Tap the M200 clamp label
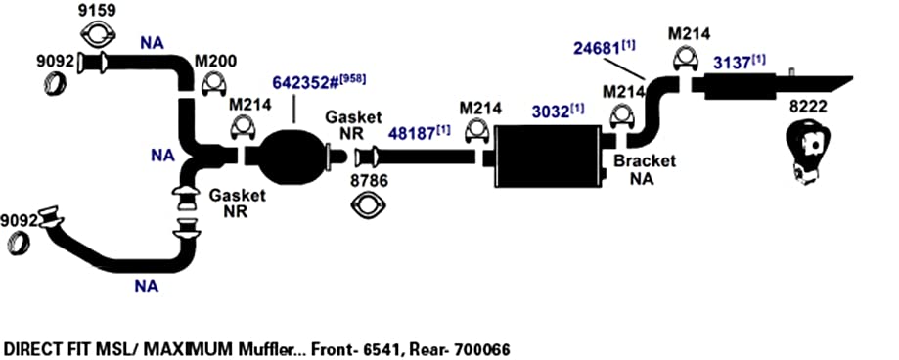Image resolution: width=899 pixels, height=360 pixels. [x=216, y=62]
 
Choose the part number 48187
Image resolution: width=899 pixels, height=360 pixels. [x=412, y=134]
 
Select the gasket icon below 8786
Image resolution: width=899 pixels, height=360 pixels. [x=368, y=205]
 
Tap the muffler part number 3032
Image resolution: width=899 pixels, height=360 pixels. [x=550, y=112]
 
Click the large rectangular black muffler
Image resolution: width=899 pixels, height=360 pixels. [x=547, y=157]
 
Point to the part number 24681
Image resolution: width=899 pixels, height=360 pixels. [x=597, y=48]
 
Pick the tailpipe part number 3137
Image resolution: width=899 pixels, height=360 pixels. [x=732, y=63]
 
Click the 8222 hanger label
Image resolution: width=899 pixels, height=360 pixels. [x=809, y=108]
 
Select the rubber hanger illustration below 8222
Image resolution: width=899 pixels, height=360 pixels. [x=807, y=151]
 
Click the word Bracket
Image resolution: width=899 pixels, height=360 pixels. [x=645, y=161]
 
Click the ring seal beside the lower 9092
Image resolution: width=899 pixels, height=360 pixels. [x=19, y=244]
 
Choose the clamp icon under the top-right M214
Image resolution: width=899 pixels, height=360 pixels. [x=684, y=59]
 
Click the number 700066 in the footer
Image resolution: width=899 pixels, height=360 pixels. [x=481, y=349]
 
